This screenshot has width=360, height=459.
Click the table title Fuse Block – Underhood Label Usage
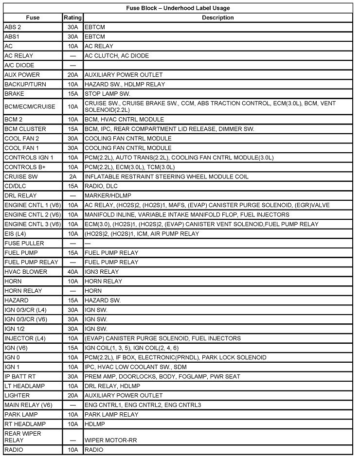(x=178, y=8)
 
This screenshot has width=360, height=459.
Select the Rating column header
(x=72, y=18)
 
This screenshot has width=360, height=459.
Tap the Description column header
(x=218, y=18)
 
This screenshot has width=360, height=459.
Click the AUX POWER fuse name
(x=22, y=75)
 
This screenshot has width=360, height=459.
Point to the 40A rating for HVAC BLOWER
(x=72, y=272)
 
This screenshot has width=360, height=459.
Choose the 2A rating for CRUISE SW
(x=72, y=177)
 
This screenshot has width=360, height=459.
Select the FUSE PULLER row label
(x=24, y=243)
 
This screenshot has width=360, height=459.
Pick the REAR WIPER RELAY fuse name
(x=23, y=436)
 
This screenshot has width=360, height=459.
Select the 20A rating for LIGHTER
(x=72, y=396)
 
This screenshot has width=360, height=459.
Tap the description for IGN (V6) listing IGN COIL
(x=131, y=348)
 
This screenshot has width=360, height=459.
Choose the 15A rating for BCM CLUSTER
(x=72, y=129)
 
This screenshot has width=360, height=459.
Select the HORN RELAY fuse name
(x=23, y=291)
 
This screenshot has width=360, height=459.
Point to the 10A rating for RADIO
(x=72, y=450)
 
